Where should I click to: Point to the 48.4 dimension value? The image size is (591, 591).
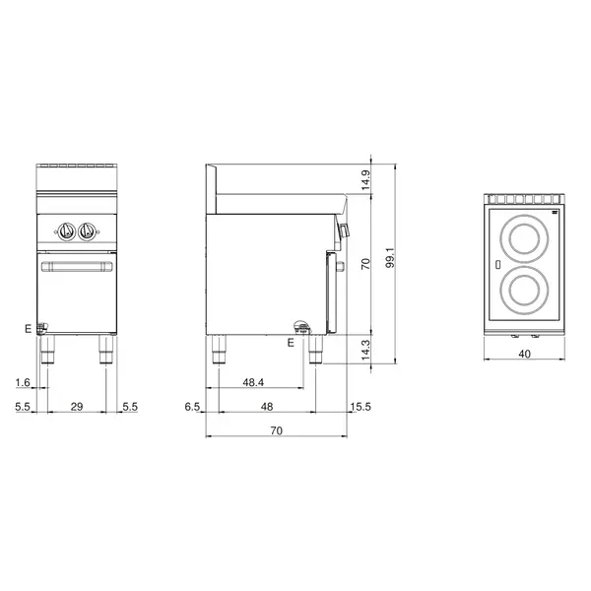pyautogui.click(x=253, y=382)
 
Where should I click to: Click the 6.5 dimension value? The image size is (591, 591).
pyautogui.click(x=194, y=406)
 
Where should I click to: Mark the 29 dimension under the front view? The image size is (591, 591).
pyautogui.click(x=78, y=406)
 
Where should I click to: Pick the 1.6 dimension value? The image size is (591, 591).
pyautogui.click(x=22, y=382)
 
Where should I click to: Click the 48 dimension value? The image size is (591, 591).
pyautogui.click(x=266, y=406)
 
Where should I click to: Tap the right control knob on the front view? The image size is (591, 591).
pyautogui.click(x=89, y=231)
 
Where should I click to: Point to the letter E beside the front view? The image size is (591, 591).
pyautogui.click(x=29, y=329)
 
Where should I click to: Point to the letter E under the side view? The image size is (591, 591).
pyautogui.click(x=291, y=342)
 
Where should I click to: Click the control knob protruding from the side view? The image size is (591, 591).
pyautogui.click(x=345, y=231)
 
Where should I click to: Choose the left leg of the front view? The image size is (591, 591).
pyautogui.click(x=45, y=350)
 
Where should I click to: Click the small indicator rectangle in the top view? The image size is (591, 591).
pyautogui.click(x=498, y=265)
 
